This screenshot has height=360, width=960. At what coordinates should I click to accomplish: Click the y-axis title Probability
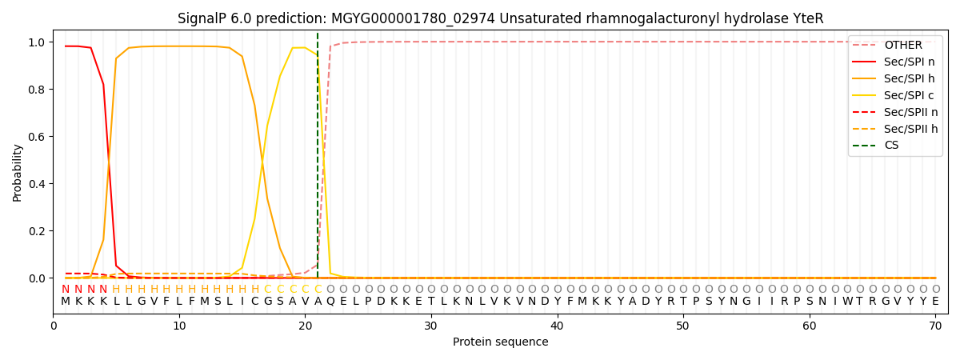click(18, 172)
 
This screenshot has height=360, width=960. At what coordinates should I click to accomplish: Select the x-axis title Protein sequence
click(500, 342)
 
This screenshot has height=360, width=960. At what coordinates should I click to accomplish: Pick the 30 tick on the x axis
click(431, 326)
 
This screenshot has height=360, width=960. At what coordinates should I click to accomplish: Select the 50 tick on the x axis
click(683, 326)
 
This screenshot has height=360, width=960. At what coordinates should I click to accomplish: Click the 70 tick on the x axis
click(935, 326)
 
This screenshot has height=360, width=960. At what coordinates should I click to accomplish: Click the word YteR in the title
click(806, 18)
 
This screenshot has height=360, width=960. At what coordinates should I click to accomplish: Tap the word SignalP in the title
click(203, 18)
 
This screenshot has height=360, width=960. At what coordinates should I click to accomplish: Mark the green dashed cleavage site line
click(318, 160)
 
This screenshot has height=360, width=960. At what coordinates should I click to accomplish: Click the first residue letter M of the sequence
click(66, 302)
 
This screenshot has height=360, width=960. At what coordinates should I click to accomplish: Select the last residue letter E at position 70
click(935, 302)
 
